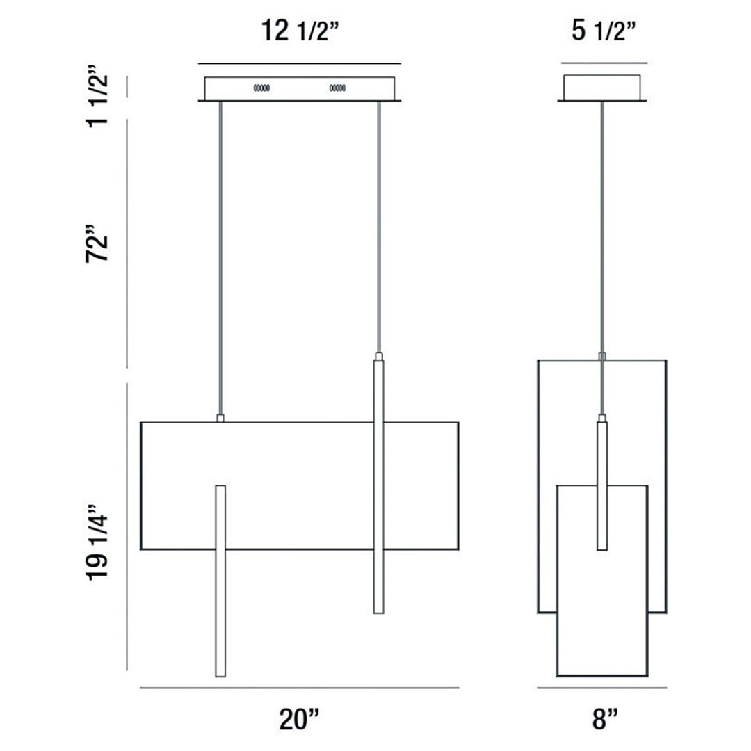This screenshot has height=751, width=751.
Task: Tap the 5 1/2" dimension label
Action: click(603, 31)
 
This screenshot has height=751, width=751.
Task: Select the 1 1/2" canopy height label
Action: click(98, 96)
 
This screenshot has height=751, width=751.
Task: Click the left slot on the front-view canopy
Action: click(261, 88)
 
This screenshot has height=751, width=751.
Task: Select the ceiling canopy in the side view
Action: click(602, 88)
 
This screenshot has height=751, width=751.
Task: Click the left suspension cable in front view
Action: click(220, 257)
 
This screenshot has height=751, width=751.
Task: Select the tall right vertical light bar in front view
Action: click(379, 487)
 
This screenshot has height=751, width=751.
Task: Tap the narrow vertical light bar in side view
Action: click(602, 487)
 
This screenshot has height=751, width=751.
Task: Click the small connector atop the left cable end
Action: click(220, 418)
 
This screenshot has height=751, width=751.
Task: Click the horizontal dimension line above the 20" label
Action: click(299, 688)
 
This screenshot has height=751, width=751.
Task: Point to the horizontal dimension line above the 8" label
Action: click(602, 688)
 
